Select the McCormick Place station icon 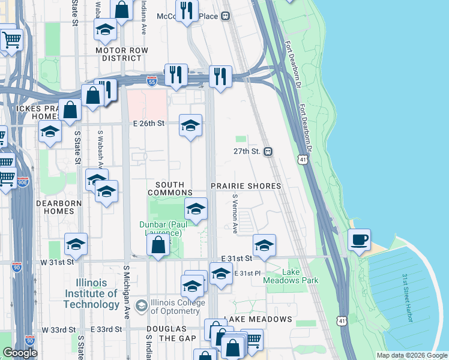[x=226, y=17]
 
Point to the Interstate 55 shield [x=152, y=81]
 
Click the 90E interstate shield [x=22, y=181]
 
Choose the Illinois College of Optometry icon [x=141, y=305]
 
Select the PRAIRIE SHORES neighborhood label [x=245, y=186]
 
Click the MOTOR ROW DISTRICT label [x=118, y=54]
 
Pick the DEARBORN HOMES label [x=58, y=208]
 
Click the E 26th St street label [x=148, y=124]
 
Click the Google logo [x=20, y=353]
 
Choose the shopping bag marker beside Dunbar [x=158, y=245]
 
